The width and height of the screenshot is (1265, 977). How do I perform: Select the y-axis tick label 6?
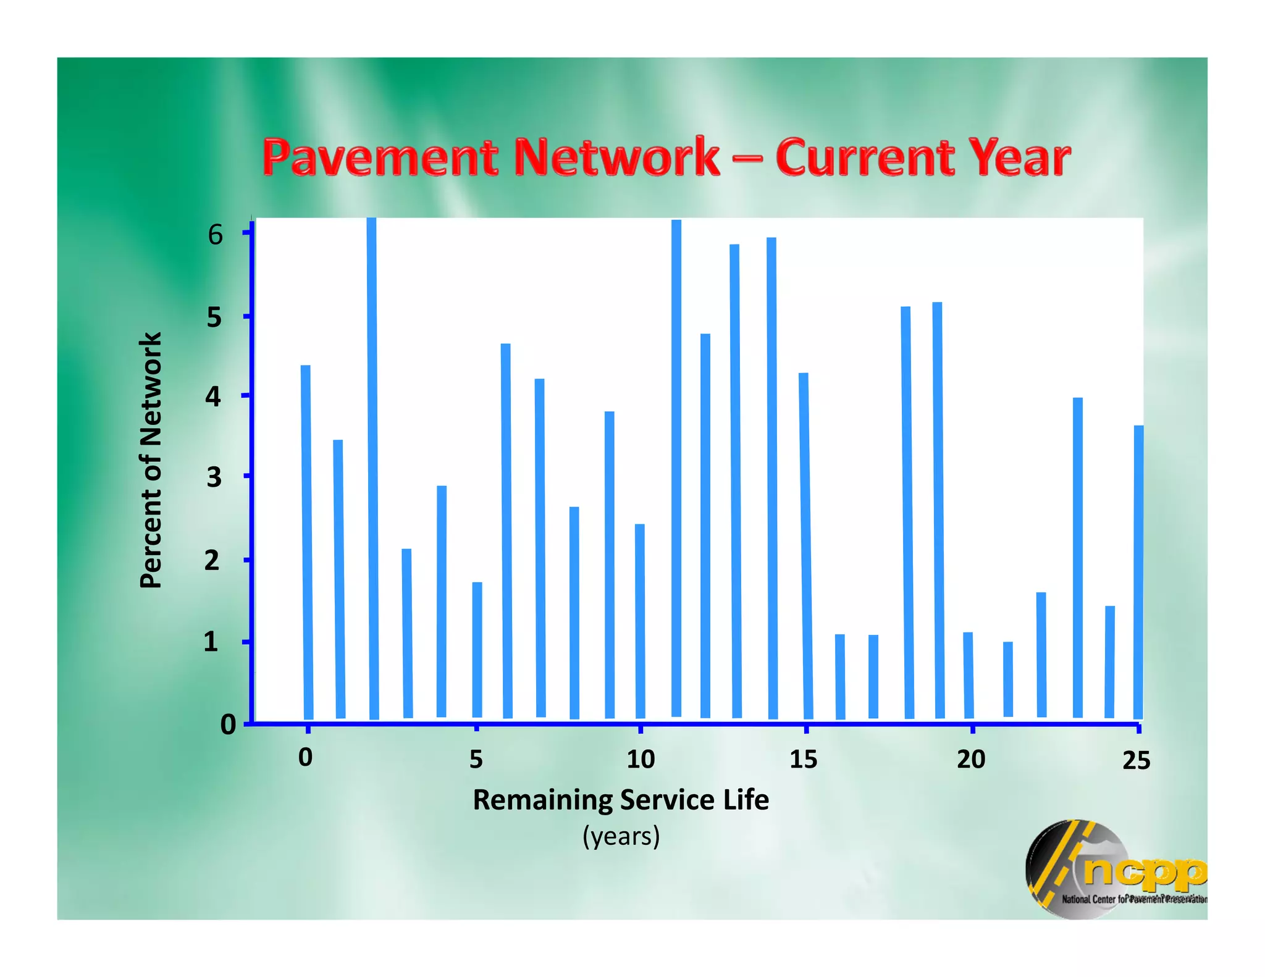coord(215,235)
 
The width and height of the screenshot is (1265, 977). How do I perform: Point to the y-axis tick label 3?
coord(214,477)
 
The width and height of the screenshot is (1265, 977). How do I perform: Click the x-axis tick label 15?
coord(803,759)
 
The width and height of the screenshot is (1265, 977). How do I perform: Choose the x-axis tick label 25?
coord(1136,760)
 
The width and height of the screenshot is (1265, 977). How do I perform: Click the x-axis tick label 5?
coord(476,759)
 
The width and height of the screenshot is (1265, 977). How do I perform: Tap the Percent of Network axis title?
coord(151,460)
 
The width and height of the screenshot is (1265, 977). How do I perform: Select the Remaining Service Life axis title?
coord(621,800)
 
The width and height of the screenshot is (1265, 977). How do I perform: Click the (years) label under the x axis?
coord(621,836)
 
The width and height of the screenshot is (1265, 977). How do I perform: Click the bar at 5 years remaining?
coord(477,650)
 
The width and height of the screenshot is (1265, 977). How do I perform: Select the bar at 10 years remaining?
coord(640,621)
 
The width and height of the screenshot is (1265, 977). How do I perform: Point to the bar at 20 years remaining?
coord(969,675)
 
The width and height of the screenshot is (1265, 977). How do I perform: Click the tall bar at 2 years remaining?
coord(372,469)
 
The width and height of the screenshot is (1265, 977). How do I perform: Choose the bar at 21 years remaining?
coord(1008,679)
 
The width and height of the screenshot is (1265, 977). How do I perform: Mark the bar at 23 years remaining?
coord(1078,557)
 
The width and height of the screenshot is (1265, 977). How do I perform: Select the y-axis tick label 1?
coord(211,642)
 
